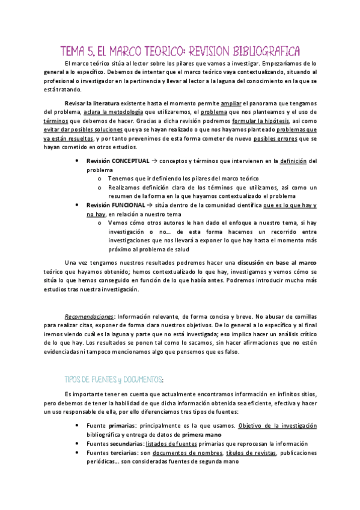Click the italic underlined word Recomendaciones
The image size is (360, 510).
point(90,316)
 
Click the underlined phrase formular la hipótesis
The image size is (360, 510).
point(259,120)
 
